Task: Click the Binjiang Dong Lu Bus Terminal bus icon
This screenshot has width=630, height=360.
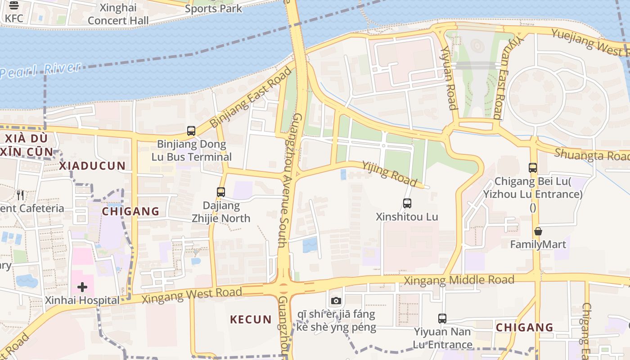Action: click(191, 131)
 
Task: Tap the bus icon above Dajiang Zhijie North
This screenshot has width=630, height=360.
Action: click(220, 192)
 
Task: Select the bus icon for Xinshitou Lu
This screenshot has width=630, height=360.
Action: click(407, 203)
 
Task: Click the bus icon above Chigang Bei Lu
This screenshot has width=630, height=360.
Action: click(533, 168)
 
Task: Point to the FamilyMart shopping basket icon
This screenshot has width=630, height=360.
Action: click(538, 231)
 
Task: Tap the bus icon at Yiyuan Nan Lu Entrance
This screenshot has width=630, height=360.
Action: click(442, 319)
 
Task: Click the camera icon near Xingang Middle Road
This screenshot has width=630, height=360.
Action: click(336, 301)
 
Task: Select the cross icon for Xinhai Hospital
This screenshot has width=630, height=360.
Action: click(82, 287)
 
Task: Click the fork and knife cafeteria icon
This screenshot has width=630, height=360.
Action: click(20, 195)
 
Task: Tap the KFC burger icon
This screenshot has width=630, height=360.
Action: click(14, 5)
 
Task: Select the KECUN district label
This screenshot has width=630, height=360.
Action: click(251, 319)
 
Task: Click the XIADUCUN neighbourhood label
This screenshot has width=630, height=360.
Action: click(92, 166)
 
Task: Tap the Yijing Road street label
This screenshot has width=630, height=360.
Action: click(389, 174)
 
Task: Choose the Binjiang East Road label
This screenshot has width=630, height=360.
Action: click(251, 97)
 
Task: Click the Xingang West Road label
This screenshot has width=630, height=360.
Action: click(192, 295)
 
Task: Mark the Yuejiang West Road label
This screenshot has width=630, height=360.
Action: click(589, 41)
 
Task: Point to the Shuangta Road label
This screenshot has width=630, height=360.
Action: click(591, 154)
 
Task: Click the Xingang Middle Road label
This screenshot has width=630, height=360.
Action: click(459, 280)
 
